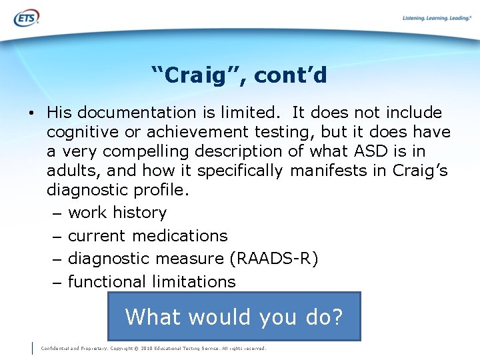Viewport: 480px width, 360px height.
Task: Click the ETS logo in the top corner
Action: [26, 18]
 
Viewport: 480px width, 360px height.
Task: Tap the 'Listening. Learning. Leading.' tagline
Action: [437, 18]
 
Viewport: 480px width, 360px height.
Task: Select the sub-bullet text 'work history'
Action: [117, 213]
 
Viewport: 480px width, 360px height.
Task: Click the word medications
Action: [180, 235]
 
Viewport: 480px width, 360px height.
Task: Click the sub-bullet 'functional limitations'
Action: [152, 281]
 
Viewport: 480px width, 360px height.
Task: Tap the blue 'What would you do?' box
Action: [234, 316]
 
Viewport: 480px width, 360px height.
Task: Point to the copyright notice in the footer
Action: [153, 348]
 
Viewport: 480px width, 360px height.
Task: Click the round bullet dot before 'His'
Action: [32, 113]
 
